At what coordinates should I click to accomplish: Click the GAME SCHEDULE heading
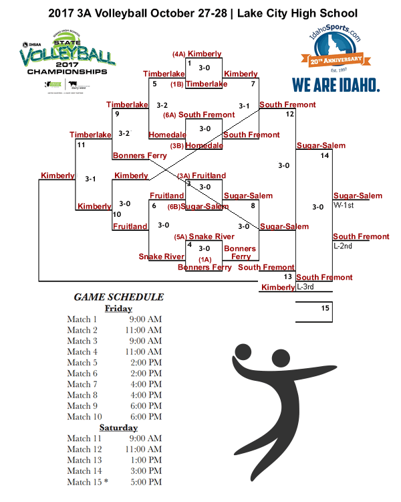click(118, 297)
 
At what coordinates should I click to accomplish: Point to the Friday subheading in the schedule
click(118, 309)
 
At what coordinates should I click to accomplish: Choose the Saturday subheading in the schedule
click(118, 427)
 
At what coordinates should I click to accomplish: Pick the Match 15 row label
click(86, 482)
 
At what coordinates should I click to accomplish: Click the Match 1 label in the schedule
click(82, 319)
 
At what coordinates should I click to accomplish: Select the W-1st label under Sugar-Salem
click(344, 205)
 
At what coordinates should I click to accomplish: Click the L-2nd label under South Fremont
click(344, 246)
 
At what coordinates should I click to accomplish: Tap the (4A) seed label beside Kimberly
click(178, 54)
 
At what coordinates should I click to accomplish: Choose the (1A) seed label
click(205, 259)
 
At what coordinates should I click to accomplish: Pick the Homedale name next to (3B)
click(204, 145)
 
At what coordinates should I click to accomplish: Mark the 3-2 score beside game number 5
click(162, 105)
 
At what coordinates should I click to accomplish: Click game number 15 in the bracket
click(325, 308)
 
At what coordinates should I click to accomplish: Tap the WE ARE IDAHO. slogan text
click(336, 85)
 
